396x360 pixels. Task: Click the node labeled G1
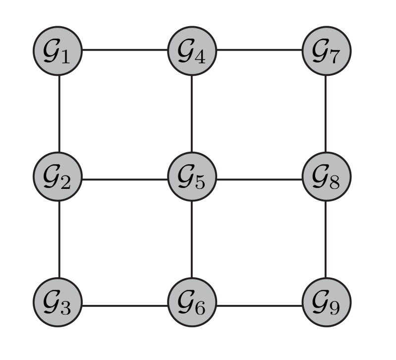[58, 51]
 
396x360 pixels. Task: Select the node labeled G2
[58, 177]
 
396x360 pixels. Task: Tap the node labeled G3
[58, 303]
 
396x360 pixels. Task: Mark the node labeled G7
[326, 51]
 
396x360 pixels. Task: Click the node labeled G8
[326, 177]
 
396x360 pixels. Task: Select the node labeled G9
[326, 303]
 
